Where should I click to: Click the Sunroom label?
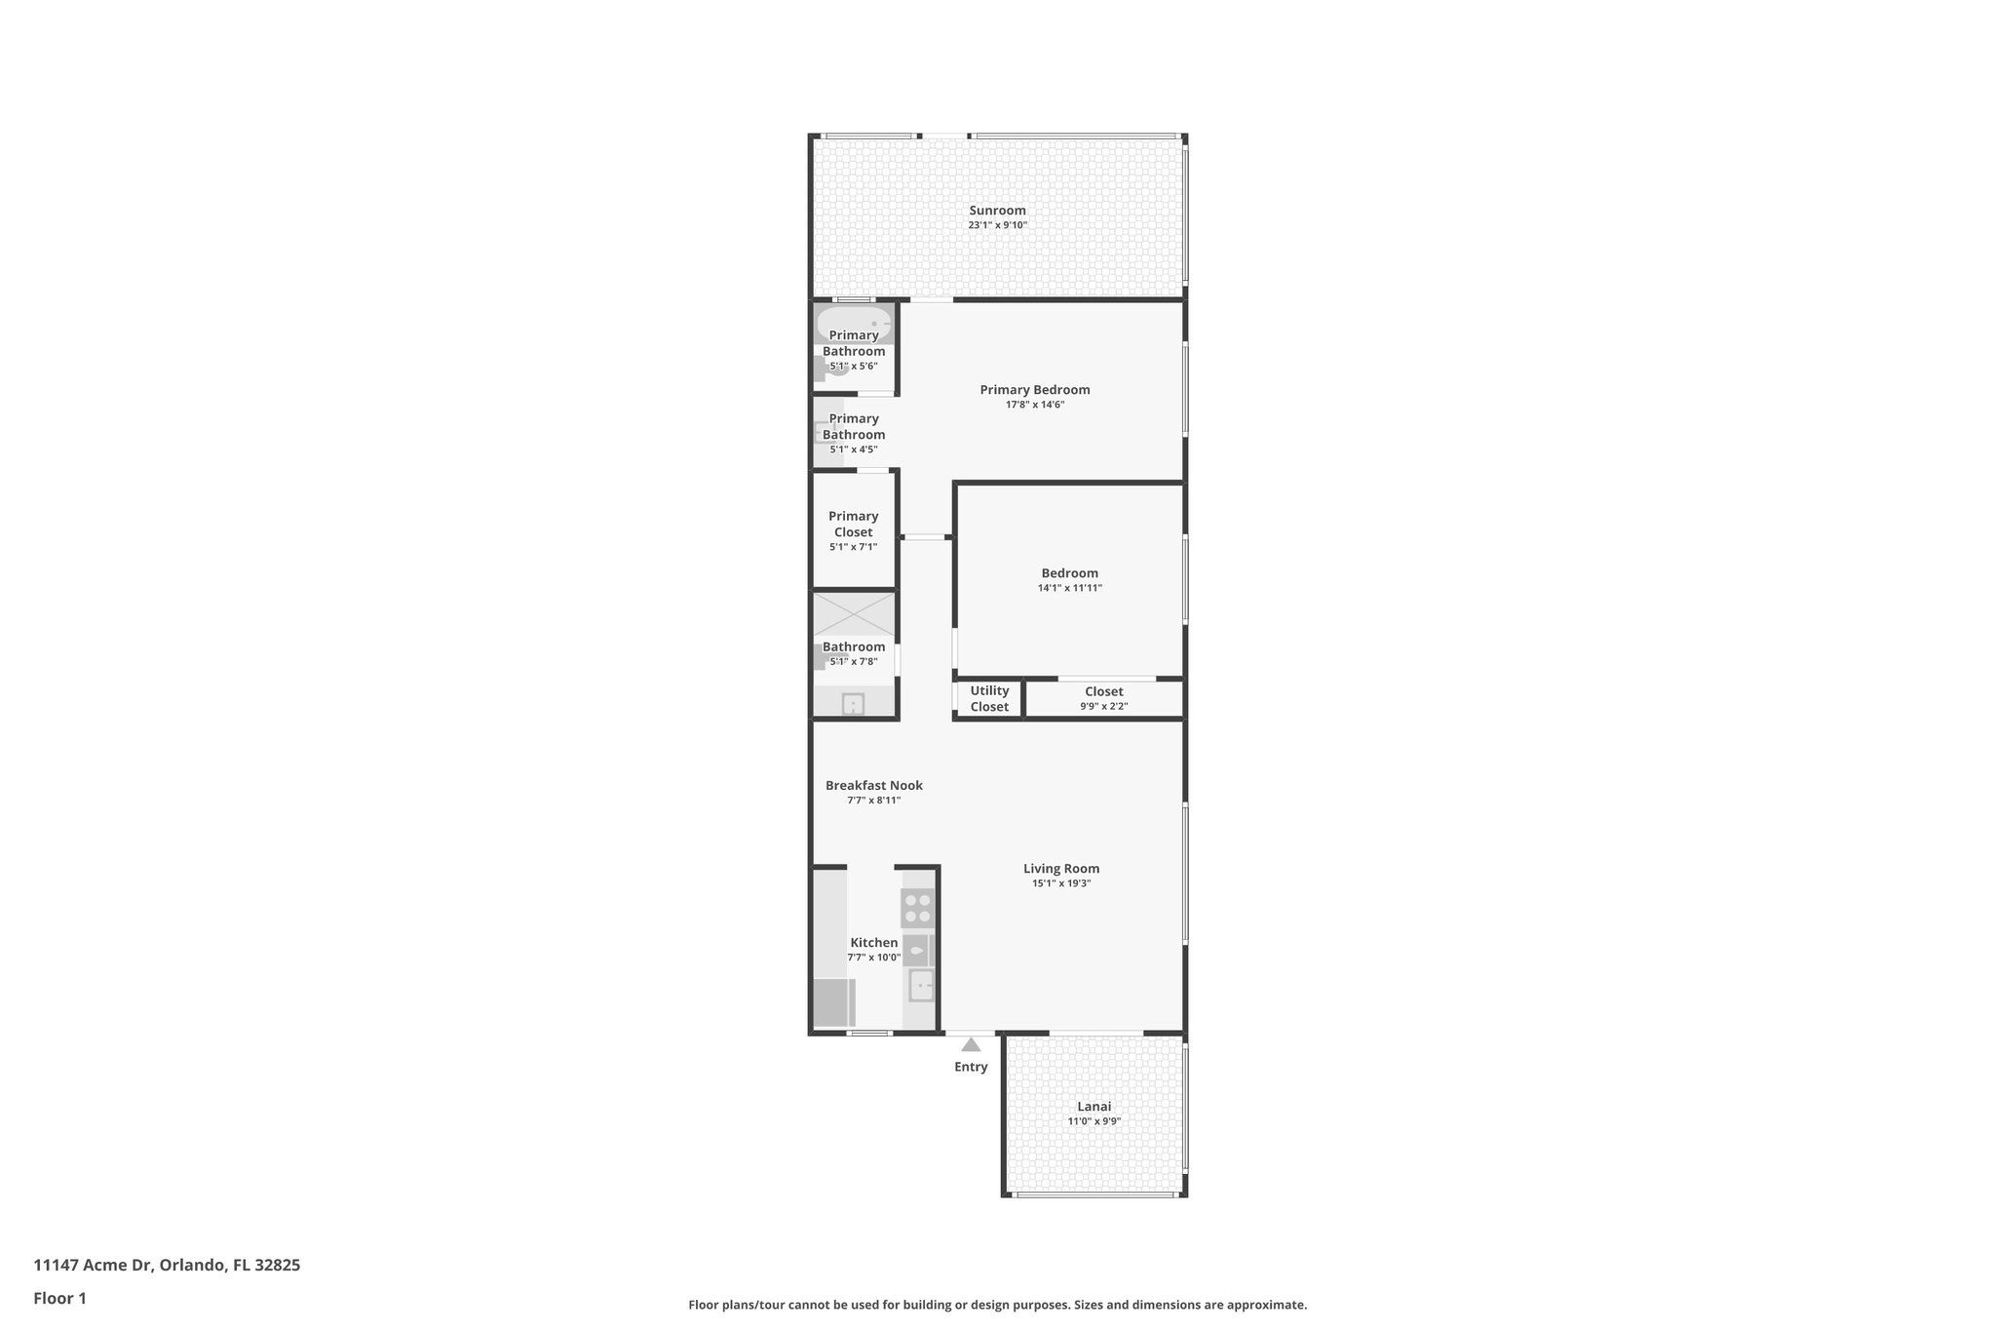tap(997, 211)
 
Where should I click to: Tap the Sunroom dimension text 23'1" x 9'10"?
tap(997, 225)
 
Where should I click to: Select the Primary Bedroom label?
tap(1035, 390)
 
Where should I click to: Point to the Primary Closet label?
tap(854, 524)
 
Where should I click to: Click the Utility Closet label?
tap(989, 698)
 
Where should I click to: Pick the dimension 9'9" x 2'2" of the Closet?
tap(1103, 706)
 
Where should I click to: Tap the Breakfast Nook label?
tap(873, 785)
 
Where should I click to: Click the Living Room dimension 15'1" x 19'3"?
tap(1061, 883)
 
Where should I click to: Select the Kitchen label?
tap(873, 942)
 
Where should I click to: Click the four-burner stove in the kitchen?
tap(918, 908)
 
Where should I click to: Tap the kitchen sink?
tap(920, 985)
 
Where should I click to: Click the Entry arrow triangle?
tap(971, 1044)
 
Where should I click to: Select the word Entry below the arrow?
tap(971, 1067)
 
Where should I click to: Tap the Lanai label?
tap(1094, 1107)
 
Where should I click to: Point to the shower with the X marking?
tap(854, 614)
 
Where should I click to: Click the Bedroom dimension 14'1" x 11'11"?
tap(1069, 588)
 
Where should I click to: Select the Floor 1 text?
tap(60, 1298)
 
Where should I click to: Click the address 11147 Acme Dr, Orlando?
tap(167, 1265)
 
